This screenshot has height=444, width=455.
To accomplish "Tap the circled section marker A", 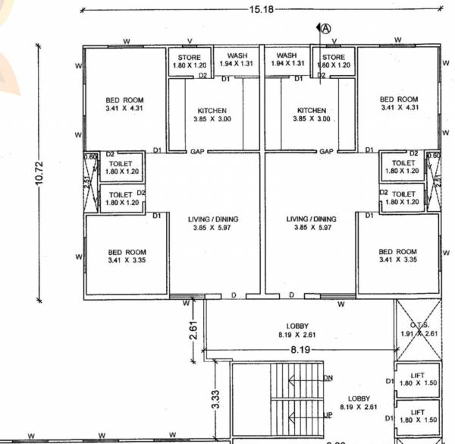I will (x=326, y=29).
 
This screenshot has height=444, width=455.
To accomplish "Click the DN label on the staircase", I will (x=328, y=377).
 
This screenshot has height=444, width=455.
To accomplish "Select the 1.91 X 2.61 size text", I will (x=418, y=333).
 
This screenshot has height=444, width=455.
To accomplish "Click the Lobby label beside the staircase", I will (x=359, y=398).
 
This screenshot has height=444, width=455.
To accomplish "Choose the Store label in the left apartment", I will (x=189, y=57).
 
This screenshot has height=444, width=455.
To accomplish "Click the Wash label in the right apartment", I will (x=287, y=55).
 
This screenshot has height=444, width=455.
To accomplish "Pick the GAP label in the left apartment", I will (x=197, y=151).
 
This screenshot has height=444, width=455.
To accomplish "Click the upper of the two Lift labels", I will (x=418, y=375).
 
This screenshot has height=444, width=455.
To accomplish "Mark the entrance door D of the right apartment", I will (x=291, y=295).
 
